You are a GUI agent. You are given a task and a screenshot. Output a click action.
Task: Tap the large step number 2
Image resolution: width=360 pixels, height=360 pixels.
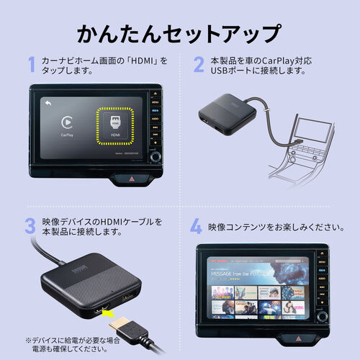198,65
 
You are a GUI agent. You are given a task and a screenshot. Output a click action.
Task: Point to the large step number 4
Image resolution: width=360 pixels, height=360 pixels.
196,228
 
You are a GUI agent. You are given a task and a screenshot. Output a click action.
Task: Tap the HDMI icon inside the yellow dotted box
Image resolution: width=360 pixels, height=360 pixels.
116,122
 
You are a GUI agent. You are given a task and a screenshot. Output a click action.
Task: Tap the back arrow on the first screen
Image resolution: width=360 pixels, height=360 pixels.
48,103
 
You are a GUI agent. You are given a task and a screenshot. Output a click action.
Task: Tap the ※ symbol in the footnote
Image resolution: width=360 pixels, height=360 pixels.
29,338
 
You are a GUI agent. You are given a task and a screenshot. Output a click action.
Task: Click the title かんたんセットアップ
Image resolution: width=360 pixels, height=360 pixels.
179,33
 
